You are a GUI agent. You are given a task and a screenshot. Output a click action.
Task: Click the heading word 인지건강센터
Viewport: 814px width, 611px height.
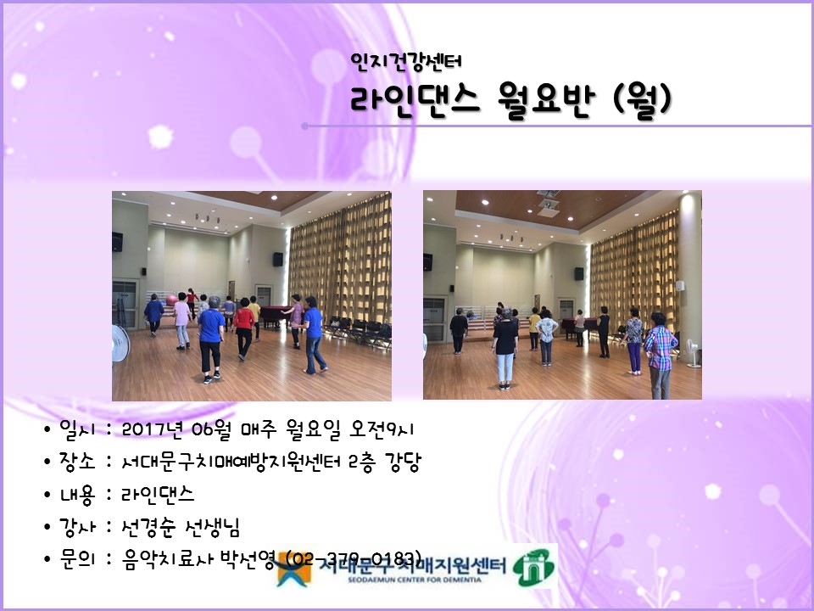point(405,61)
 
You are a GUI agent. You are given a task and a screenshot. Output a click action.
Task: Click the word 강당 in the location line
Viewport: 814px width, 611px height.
point(404,462)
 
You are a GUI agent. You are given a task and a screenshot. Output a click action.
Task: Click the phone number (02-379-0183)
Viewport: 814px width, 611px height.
point(355,559)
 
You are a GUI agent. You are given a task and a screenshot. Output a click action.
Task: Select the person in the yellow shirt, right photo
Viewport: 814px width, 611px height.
point(535,326)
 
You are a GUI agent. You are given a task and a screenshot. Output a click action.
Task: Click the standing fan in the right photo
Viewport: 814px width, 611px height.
point(693,352)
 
